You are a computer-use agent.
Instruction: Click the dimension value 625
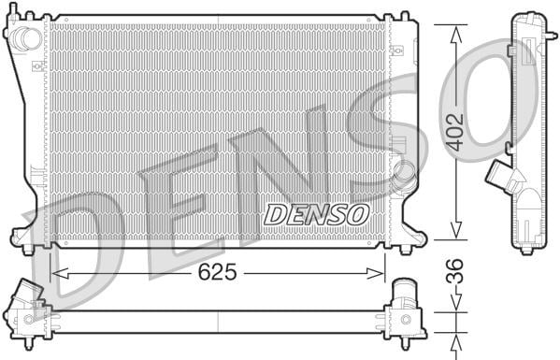pos(217,272)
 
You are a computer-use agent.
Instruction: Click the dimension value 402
pos(455,132)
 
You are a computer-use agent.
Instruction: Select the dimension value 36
pos(455,271)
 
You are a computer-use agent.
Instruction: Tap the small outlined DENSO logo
pos(316,215)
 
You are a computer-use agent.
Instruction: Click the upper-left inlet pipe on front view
pos(26,38)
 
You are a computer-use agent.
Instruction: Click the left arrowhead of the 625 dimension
pos(60,274)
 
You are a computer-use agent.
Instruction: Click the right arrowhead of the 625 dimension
pos(375,274)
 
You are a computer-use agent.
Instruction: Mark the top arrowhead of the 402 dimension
pos(456,35)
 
